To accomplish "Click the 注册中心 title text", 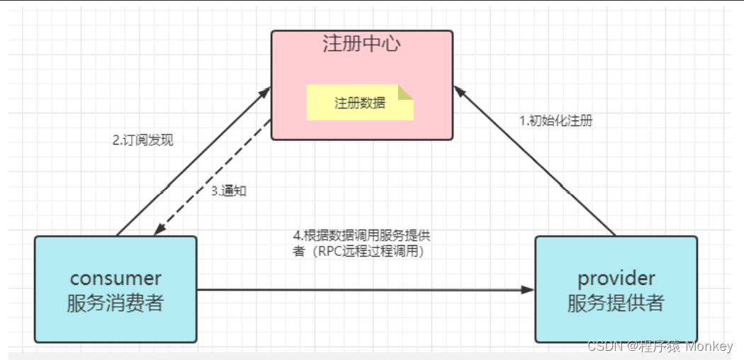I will tap(361, 44).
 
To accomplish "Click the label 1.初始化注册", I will tap(556, 120).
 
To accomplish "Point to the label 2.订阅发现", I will tap(142, 140).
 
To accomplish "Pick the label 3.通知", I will tap(229, 191).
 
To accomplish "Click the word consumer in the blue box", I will tap(115, 278).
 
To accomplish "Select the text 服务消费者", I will tap(115, 303).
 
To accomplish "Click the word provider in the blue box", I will tap(616, 278).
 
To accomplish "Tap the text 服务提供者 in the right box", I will tap(616, 303).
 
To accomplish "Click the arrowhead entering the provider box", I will tap(527, 290).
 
